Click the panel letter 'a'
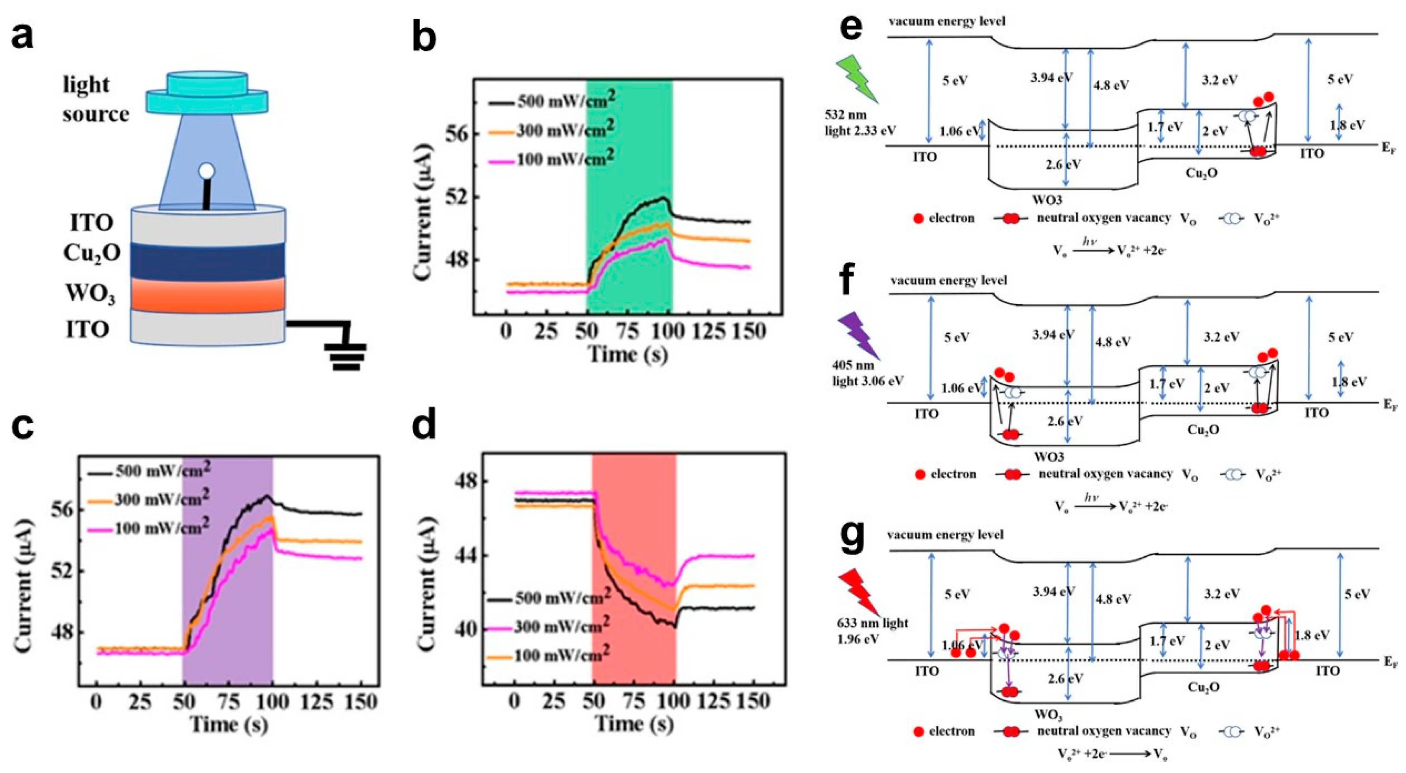pos(23,37)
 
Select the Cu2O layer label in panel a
pos(92,253)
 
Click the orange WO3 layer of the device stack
pos(207,295)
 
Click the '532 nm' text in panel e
pos(845,115)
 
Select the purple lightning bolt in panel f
pos(858,337)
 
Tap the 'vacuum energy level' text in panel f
pos(948,280)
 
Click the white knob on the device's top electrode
pos(206,171)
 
